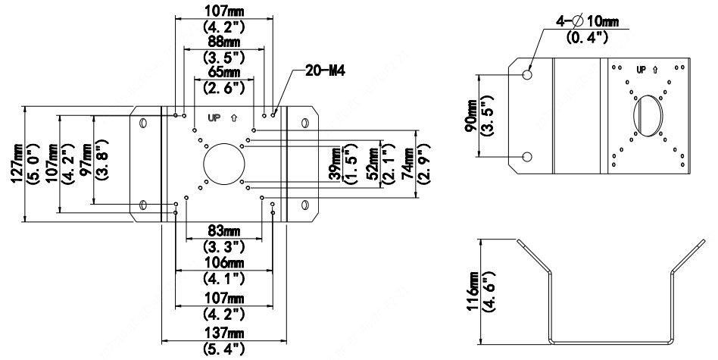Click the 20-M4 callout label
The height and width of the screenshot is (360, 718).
click(x=325, y=71)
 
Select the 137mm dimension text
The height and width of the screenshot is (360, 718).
click(x=223, y=333)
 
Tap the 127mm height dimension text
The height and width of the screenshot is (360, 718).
click(x=17, y=164)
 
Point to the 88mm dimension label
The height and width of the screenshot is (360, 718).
click(x=223, y=42)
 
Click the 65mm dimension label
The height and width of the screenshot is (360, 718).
click(x=223, y=72)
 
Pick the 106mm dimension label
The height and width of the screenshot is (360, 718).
click(x=223, y=263)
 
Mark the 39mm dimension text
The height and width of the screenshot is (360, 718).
click(x=336, y=164)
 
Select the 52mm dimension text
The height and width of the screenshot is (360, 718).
click(x=373, y=164)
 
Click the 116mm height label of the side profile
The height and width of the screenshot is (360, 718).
click(x=473, y=292)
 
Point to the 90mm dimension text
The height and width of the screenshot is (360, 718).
click(x=470, y=115)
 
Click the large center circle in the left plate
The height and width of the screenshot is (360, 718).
click(x=224, y=164)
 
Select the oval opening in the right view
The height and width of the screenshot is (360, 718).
click(x=648, y=115)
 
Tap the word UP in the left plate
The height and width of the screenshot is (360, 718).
click(x=214, y=117)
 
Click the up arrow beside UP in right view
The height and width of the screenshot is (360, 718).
click(x=655, y=70)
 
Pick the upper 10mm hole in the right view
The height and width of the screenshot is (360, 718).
click(x=527, y=74)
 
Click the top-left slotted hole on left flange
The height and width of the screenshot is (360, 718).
click(x=143, y=123)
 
